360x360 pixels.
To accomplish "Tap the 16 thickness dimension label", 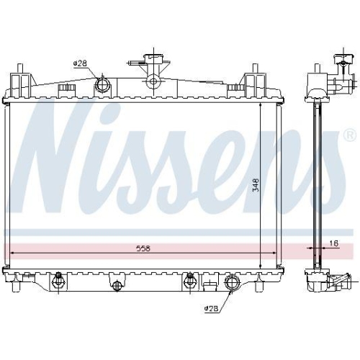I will (333, 243).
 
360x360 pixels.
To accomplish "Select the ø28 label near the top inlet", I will (79, 65).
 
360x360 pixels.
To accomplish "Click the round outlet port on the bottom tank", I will (233, 283).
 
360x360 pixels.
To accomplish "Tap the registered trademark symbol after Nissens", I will (350, 135).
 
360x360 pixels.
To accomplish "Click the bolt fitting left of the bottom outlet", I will (190, 280).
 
